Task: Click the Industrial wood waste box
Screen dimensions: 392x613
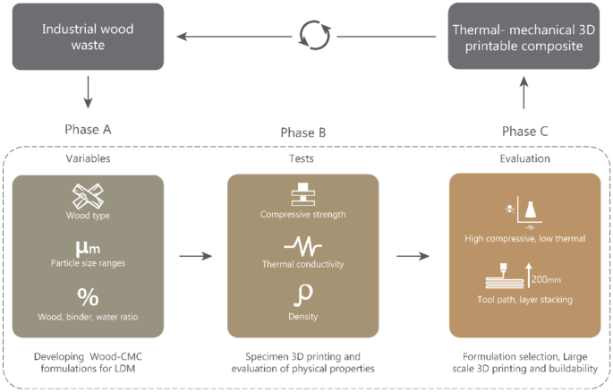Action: coord(89,37)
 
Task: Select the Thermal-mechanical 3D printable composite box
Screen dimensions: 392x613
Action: coord(524,37)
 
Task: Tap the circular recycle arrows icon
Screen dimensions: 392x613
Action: coord(313,37)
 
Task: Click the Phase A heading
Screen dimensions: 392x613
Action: coord(89,129)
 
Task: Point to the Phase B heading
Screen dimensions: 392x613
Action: coord(302,133)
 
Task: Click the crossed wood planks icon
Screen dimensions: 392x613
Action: coord(89,195)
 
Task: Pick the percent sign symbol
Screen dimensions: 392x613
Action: coord(89,296)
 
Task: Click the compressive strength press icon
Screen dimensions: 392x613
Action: coord(302,196)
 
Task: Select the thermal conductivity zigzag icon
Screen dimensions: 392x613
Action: coord(302,245)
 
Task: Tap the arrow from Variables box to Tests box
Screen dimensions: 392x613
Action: coord(195,256)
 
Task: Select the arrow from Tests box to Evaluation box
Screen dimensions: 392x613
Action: coord(411,256)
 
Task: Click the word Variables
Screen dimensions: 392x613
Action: coord(89,158)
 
